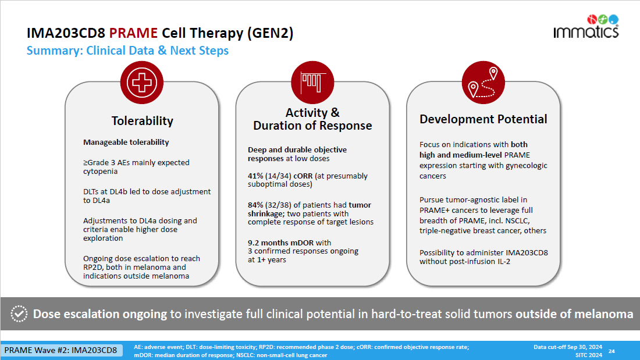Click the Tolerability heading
coord(143,121)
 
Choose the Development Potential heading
coord(483,119)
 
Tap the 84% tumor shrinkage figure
coord(256,205)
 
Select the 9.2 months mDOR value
coord(273,243)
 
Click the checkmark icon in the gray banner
coord(20,314)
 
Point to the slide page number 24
coord(611,351)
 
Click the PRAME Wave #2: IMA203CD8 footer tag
coord(61,350)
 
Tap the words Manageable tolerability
coord(126,142)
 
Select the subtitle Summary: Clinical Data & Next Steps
coord(127,51)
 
